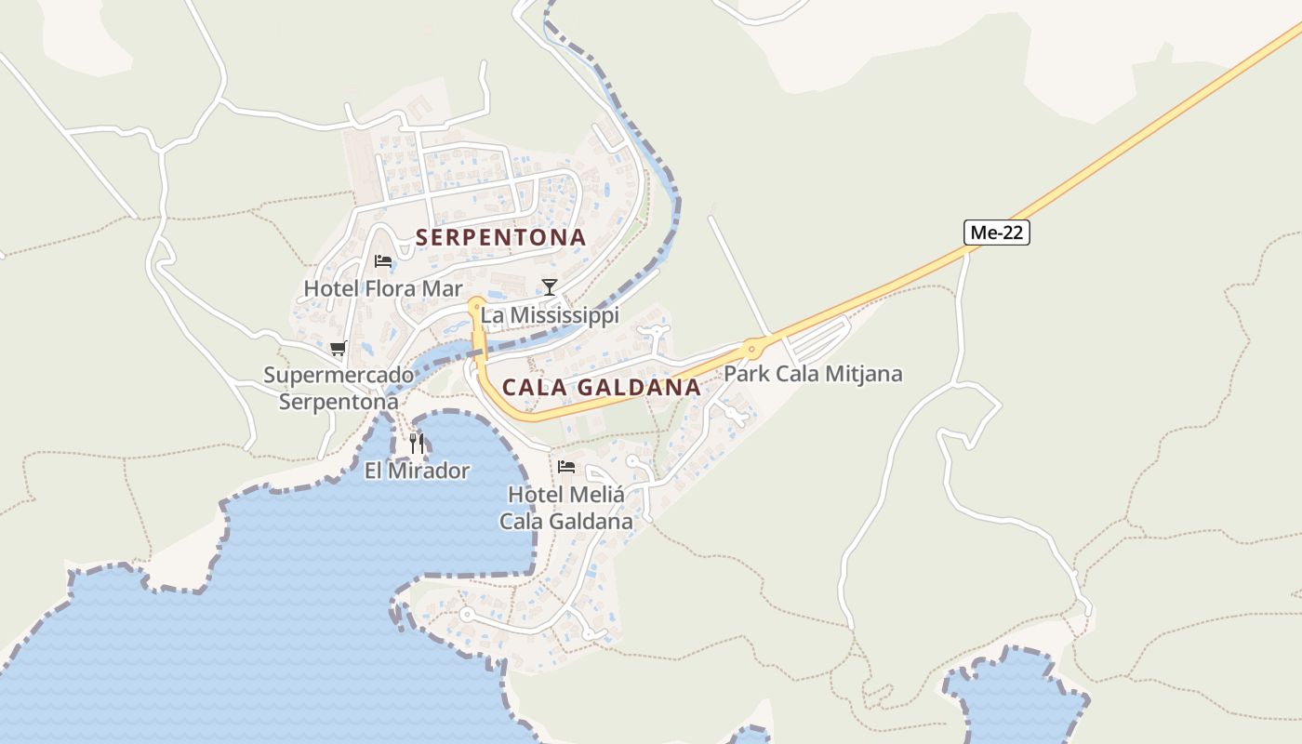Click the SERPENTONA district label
[500, 238]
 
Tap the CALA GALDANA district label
[601, 387]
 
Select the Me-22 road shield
[997, 232]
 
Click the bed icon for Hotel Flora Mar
[382, 261]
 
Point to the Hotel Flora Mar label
[383, 288]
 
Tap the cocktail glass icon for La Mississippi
[550, 286]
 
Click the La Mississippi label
[550, 315]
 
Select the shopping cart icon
[339, 349]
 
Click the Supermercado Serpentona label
[339, 389]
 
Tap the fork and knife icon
[417, 444]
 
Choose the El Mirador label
[417, 471]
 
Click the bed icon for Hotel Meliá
[566, 467]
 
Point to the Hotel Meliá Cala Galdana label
[566, 508]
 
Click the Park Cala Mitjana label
[813, 374]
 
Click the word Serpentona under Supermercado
[339, 403]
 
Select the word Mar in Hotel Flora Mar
[442, 288]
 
